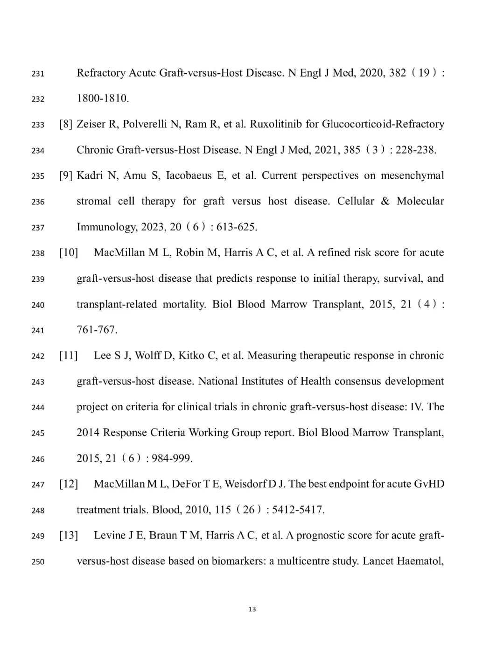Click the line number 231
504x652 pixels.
click(x=38, y=74)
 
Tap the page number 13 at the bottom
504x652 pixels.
click(x=252, y=609)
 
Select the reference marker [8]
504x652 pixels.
click(x=66, y=124)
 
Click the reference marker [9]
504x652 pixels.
click(x=66, y=175)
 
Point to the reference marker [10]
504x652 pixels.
click(x=69, y=252)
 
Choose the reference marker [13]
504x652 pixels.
click(x=69, y=535)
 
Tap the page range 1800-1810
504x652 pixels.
click(x=102, y=98)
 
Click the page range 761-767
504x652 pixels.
click(x=97, y=330)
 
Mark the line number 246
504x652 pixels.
click(x=38, y=459)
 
